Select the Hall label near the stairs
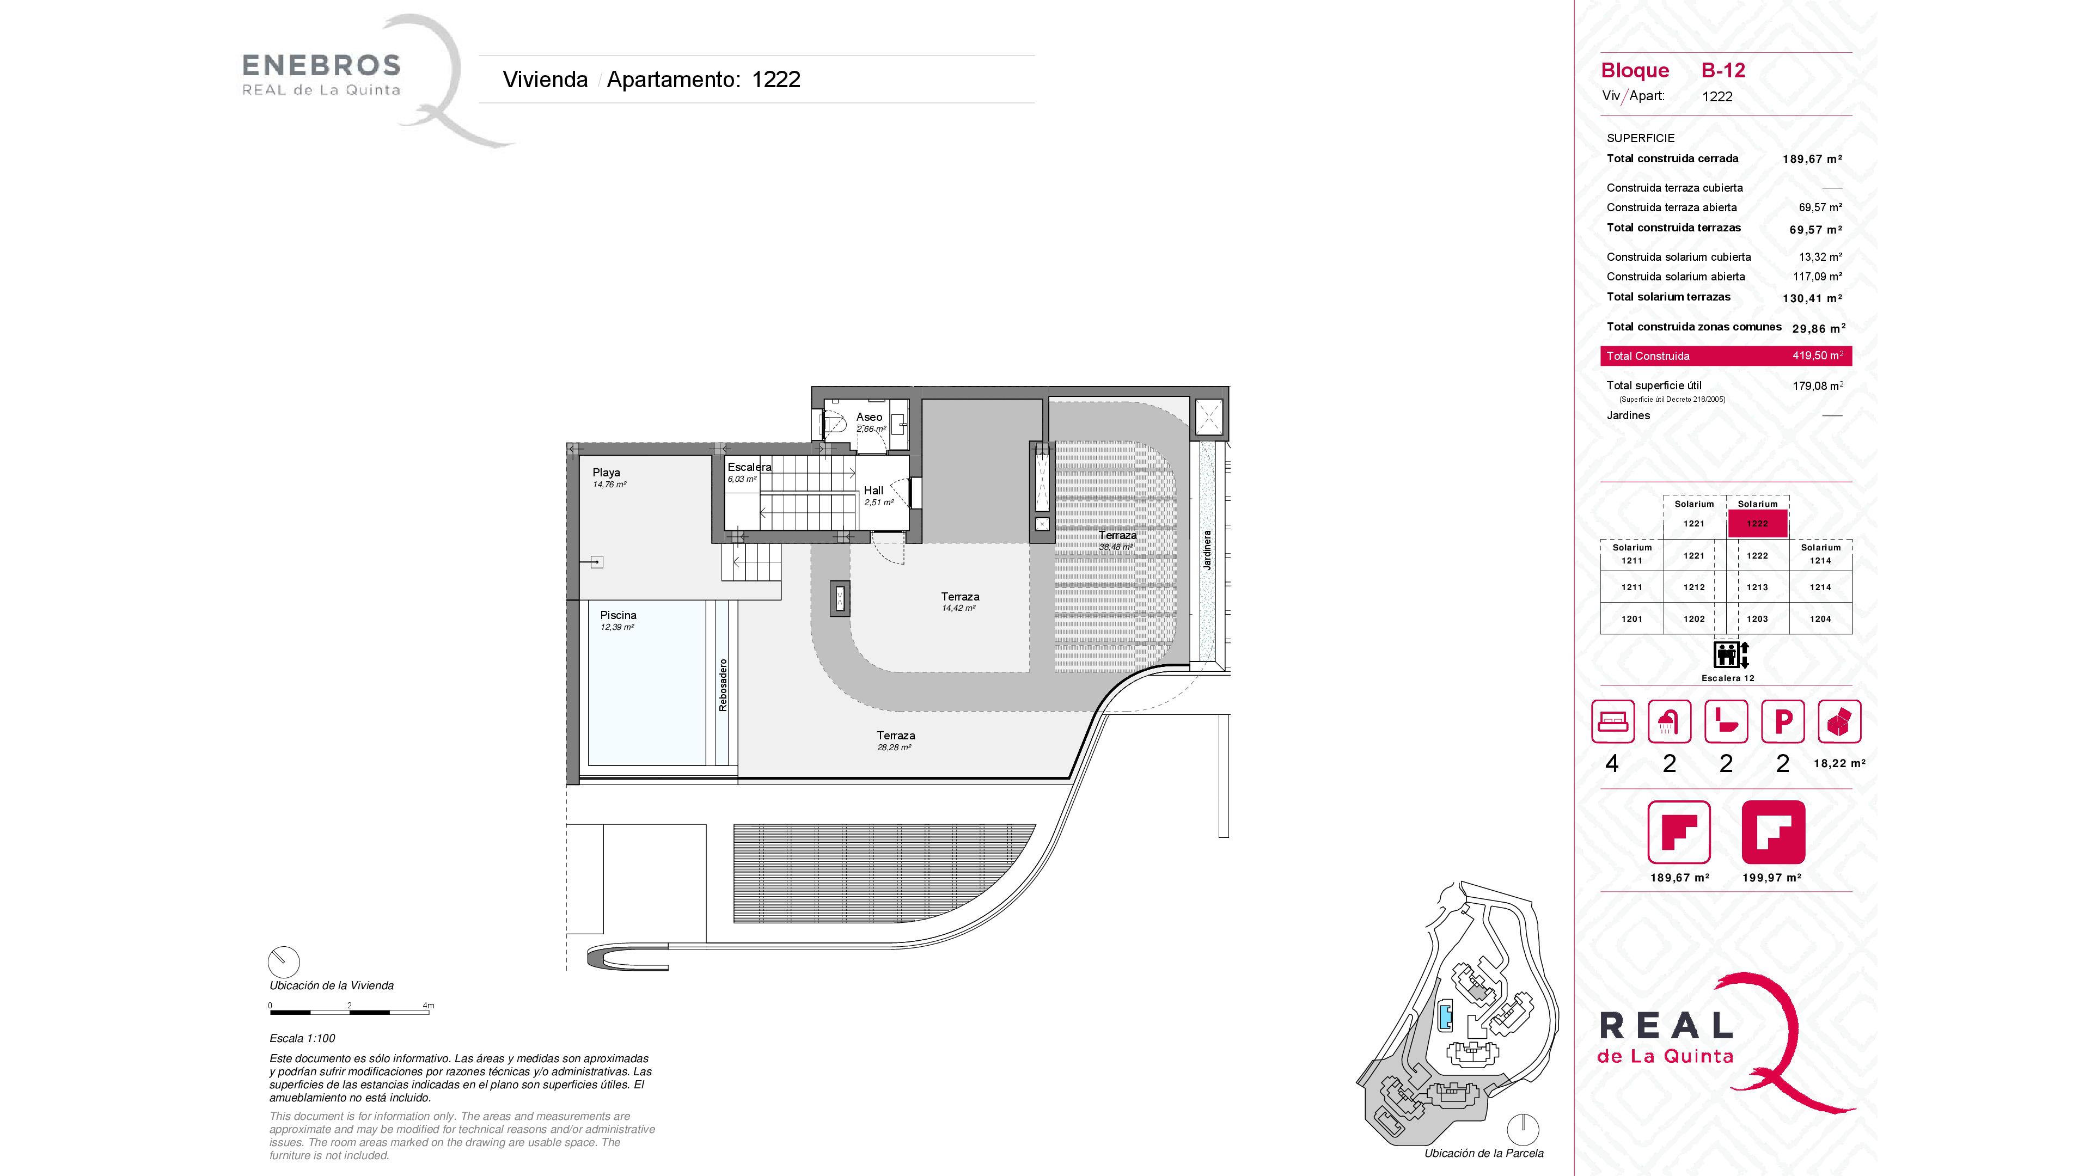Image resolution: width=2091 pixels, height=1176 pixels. [x=873, y=490]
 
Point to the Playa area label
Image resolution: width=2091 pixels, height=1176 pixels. [x=607, y=473]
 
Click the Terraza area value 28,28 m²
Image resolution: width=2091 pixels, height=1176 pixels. [x=894, y=748]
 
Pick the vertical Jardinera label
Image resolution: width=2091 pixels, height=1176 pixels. [x=1207, y=550]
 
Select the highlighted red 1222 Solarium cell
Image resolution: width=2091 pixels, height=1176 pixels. [x=1757, y=523]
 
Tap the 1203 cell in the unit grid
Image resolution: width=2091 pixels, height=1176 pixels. [x=1757, y=618]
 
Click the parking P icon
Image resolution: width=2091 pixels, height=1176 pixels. [x=1783, y=721]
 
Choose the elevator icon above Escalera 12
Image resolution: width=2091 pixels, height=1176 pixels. [x=1731, y=654]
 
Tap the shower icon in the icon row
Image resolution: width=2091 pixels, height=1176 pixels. [x=1669, y=721]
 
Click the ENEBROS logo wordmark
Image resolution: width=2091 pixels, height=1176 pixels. [x=321, y=65]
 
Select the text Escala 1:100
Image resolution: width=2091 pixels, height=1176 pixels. [x=302, y=1038]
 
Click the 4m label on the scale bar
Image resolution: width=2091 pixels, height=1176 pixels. [x=429, y=1006]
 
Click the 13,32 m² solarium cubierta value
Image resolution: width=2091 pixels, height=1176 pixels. [x=1820, y=256]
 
